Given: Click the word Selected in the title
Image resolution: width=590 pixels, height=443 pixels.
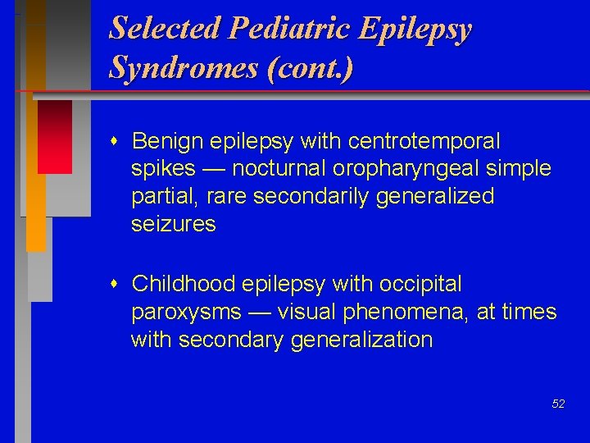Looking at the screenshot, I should coord(166,28).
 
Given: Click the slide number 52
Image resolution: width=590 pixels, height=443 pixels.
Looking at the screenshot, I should coord(558,404).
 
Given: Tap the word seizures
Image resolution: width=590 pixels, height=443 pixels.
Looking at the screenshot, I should coord(173,225).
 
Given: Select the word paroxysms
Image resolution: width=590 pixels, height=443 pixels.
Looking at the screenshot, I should coord(186,313).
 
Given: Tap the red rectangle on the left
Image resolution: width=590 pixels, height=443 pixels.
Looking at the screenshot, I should coord(54,136).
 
